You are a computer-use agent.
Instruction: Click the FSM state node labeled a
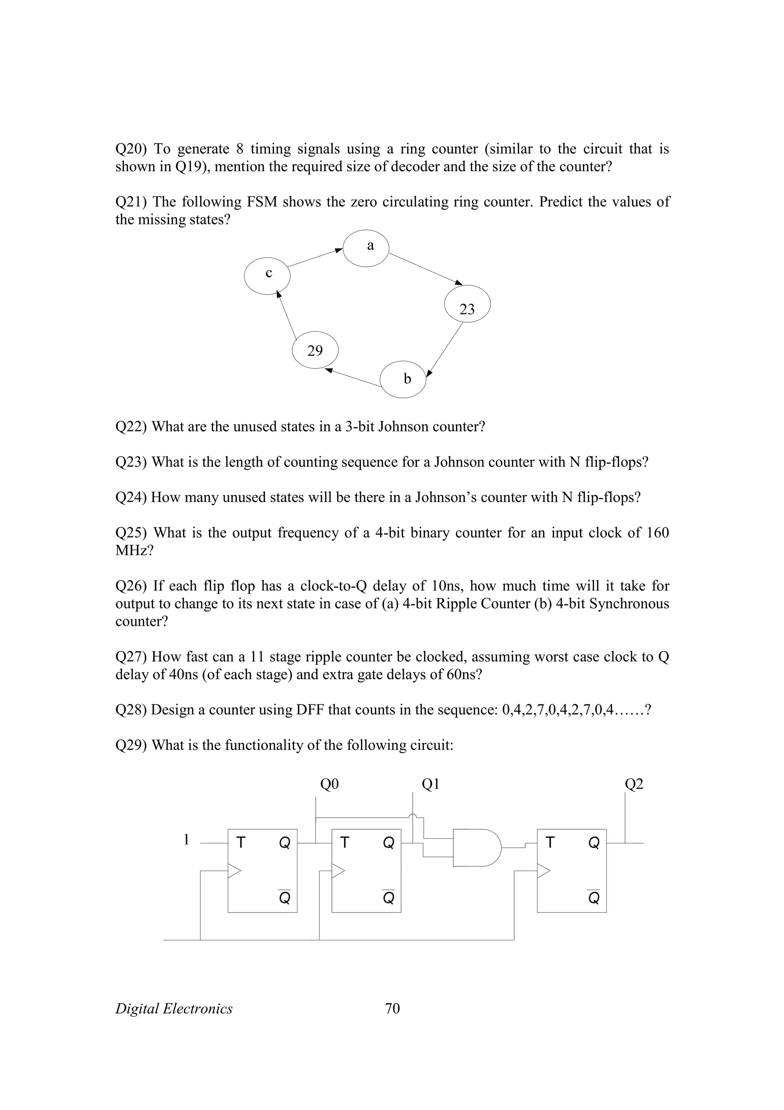366,248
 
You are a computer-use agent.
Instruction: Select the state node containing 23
467,305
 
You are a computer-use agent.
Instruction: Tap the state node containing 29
315,350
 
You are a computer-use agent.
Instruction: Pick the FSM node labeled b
403,380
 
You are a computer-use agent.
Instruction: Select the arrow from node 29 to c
286,314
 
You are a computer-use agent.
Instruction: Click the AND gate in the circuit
476,848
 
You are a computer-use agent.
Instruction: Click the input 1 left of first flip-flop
186,840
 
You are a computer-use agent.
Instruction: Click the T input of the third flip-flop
550,843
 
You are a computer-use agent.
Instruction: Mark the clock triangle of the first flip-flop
234,871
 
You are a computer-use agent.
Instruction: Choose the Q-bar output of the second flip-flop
389,898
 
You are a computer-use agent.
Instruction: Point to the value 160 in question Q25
657,533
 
